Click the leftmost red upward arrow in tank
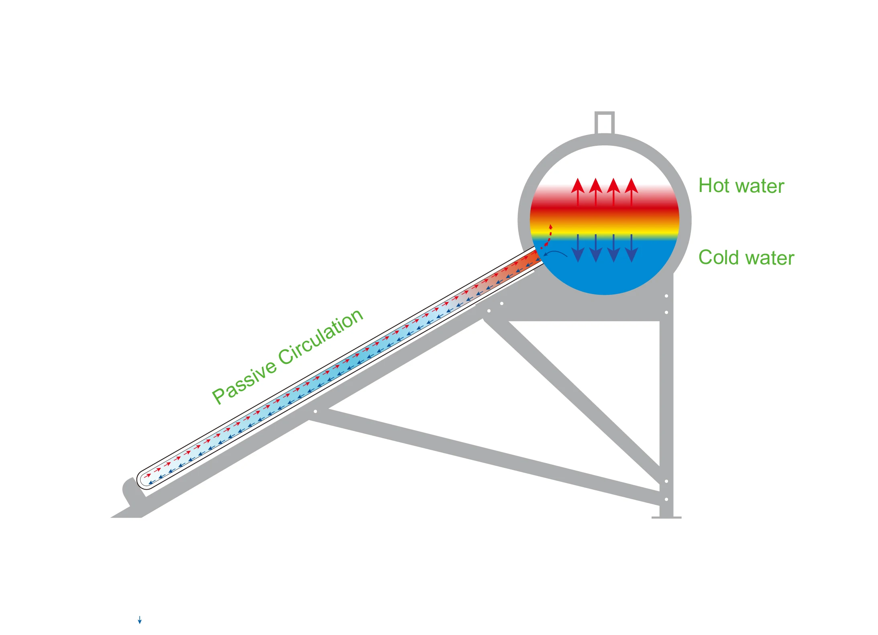[578, 192]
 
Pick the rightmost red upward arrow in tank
[632, 192]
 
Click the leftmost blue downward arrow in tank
[578, 249]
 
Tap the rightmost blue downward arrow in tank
[632, 249]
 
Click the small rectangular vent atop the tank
[604, 123]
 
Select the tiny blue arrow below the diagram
[140, 620]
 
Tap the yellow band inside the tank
[604, 233]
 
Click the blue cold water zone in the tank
[610, 273]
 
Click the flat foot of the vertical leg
[666, 517]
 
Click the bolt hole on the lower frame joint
[316, 411]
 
